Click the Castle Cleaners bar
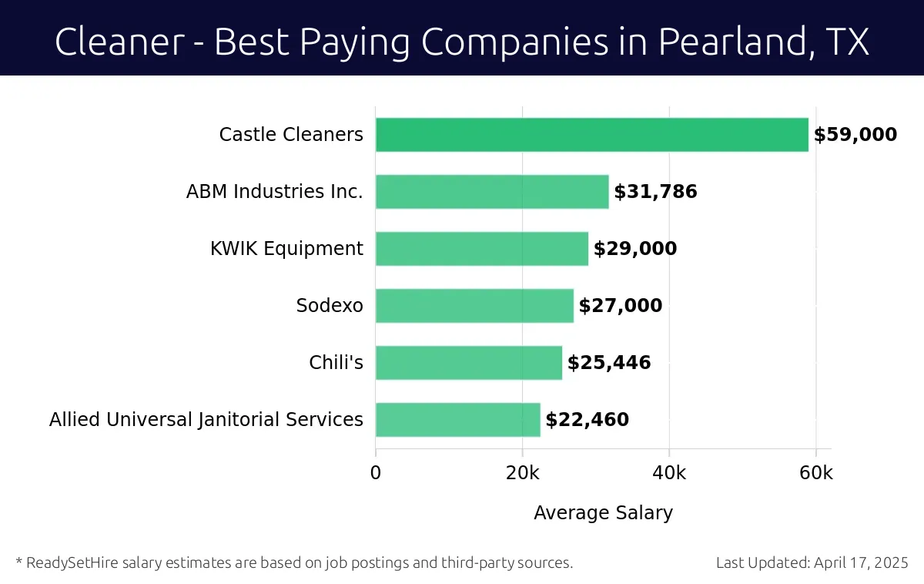591,135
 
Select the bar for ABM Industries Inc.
492,192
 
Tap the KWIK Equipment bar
481,249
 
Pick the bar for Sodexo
474,306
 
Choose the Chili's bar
468,363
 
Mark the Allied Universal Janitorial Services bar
457,420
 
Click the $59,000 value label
855,135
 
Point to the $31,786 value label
655,192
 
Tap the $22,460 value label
587,420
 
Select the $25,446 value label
609,363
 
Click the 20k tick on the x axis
522,472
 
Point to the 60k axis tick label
815,472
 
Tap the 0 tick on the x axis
376,472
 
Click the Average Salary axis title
603,513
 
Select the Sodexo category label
330,306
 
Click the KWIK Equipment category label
286,249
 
